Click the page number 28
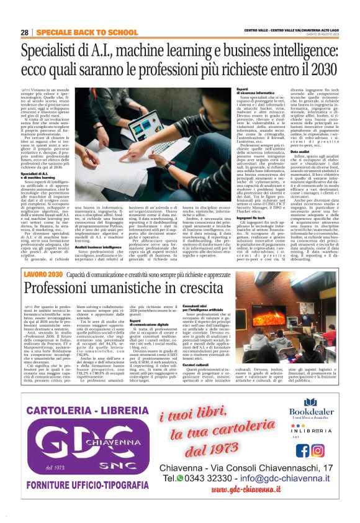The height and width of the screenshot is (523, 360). [24, 32]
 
